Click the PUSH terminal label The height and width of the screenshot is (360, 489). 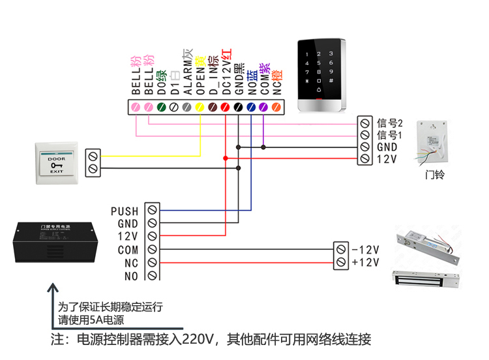(125, 211)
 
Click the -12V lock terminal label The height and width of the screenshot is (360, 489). (366, 250)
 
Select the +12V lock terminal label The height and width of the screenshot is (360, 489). (366, 262)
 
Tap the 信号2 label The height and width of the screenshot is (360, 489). (391, 123)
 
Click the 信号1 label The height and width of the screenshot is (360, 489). (391, 135)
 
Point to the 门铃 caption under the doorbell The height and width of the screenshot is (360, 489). (434, 175)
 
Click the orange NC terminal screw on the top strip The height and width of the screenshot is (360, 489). (276, 106)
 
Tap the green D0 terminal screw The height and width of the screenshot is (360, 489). (162, 106)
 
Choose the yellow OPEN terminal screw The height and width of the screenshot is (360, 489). (200, 106)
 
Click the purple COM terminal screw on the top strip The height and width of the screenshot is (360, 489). (263, 106)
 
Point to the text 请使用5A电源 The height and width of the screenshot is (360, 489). (91, 320)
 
